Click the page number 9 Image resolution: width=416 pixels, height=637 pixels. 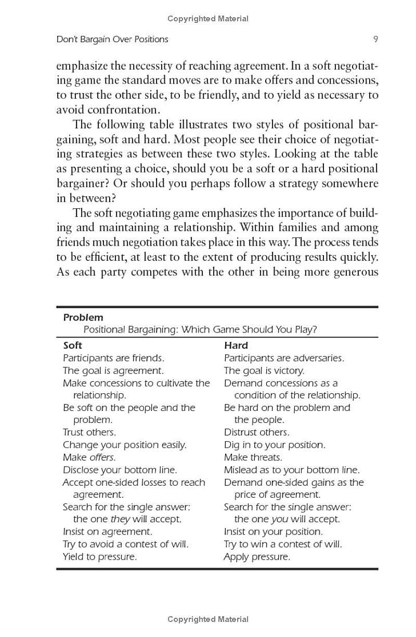point(375,39)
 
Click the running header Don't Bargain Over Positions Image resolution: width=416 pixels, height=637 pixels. point(112,39)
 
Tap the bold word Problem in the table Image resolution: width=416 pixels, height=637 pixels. point(83,317)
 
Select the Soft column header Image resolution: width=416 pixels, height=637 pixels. point(72,346)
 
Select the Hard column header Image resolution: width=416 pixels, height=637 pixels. point(236,346)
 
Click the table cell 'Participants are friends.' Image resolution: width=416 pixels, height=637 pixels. point(113,358)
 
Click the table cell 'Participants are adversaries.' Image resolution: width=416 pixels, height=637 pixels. point(284,358)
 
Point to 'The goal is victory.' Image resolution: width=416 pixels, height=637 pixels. point(264,370)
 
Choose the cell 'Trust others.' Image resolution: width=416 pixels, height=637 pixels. point(89,432)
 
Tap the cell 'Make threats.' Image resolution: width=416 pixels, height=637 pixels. point(253,457)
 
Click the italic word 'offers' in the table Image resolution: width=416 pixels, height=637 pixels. point(102,457)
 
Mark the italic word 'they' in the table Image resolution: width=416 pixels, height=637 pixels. point(120,519)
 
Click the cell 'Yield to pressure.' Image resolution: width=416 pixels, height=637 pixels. point(100,556)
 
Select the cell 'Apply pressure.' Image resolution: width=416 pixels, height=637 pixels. point(257,556)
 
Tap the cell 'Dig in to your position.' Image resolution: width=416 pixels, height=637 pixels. point(275,445)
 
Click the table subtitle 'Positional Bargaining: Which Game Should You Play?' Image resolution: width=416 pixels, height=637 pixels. point(200,330)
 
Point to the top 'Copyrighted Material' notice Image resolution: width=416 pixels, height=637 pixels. point(208,19)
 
